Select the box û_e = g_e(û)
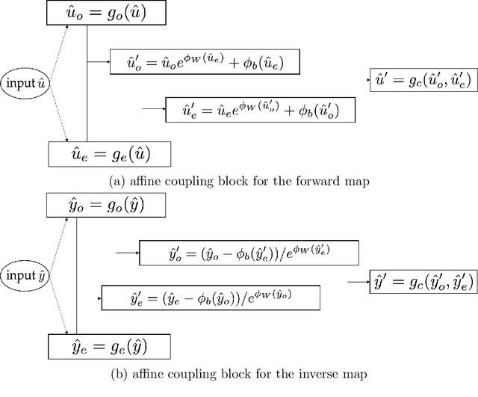point(110,155)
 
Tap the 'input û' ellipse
point(25,81)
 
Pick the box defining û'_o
point(206,61)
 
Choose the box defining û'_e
point(259,110)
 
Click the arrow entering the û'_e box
point(153,109)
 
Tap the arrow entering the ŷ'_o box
point(127,253)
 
